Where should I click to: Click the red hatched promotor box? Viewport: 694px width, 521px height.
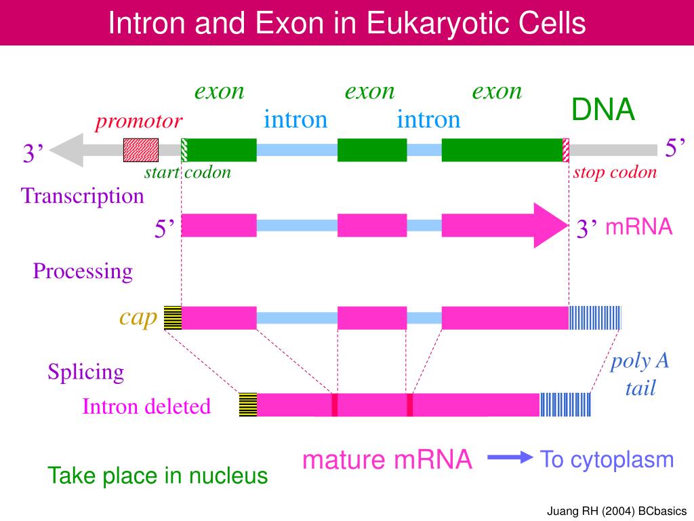[x=141, y=150]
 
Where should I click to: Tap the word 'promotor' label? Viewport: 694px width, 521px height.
[x=139, y=121]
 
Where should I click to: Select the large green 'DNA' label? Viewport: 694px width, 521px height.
[x=603, y=110]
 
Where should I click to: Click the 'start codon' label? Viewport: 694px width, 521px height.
[x=188, y=172]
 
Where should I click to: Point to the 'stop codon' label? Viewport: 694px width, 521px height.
[x=615, y=172]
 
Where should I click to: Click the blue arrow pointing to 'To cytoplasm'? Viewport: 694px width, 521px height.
[x=510, y=459]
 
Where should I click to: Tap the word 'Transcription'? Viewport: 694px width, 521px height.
[x=83, y=196]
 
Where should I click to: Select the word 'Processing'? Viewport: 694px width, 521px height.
[x=83, y=271]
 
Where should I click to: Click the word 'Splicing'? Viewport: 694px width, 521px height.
[x=86, y=372]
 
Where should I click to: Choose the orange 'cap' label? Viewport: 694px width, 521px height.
[x=138, y=316]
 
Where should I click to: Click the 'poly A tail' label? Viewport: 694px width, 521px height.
[x=640, y=374]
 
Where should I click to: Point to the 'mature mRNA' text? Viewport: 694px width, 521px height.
[x=387, y=460]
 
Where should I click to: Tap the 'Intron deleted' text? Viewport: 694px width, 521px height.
[x=146, y=407]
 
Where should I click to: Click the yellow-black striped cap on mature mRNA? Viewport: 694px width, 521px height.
[x=248, y=405]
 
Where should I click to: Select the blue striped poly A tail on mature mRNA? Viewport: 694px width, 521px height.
[x=565, y=405]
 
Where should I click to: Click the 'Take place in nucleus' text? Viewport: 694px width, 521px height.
[x=158, y=476]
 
